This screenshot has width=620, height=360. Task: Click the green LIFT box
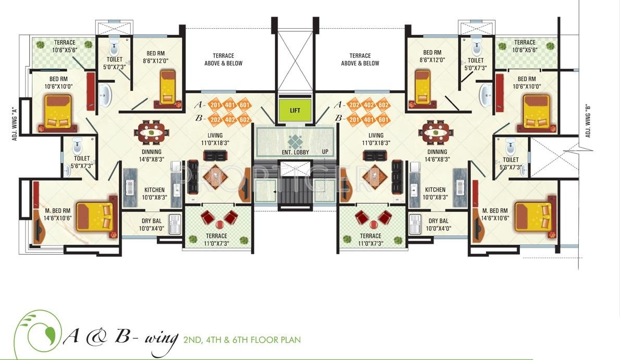(x=295, y=110)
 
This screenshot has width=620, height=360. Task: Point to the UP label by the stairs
(x=326, y=152)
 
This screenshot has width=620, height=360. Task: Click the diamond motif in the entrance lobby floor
(x=295, y=141)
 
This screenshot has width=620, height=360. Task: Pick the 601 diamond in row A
(x=244, y=105)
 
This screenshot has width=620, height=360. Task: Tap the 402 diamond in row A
(x=368, y=105)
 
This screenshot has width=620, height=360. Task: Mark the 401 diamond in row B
(x=368, y=119)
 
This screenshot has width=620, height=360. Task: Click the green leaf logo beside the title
(x=38, y=333)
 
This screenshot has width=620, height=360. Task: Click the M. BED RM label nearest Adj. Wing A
(x=57, y=215)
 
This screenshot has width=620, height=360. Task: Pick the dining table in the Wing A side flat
(x=152, y=132)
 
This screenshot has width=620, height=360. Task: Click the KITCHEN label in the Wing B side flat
(x=435, y=193)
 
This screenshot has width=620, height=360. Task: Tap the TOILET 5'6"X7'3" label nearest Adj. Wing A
(x=82, y=162)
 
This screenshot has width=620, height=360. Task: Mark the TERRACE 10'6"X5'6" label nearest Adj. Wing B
(x=525, y=46)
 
